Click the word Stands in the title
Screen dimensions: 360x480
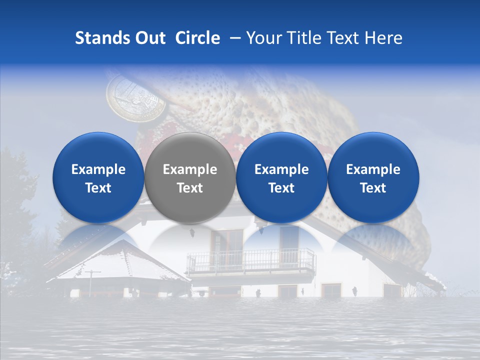(103, 38)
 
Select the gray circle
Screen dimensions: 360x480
(190, 177)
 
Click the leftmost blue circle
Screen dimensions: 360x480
(98, 177)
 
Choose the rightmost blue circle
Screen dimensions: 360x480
(373, 177)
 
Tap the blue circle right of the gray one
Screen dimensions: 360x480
(281, 177)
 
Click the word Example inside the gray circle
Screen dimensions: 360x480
(190, 169)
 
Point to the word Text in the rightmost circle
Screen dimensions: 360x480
(373, 188)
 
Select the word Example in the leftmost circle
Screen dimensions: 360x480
(98, 169)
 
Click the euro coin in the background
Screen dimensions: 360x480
(136, 94)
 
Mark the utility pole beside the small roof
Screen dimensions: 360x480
(92, 282)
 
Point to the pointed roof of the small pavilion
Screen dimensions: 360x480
(122, 255)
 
